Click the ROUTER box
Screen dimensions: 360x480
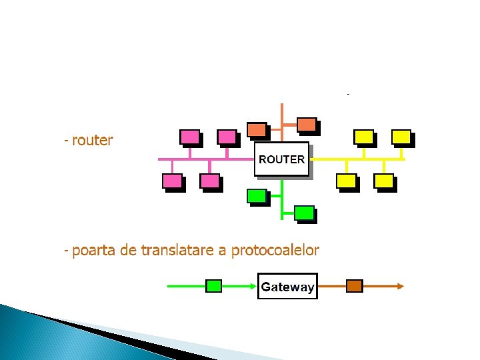(x=282, y=159)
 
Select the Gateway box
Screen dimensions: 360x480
(x=287, y=287)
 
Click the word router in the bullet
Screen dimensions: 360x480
(x=93, y=141)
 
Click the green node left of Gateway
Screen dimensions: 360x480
(x=213, y=286)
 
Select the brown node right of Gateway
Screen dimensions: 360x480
(x=354, y=286)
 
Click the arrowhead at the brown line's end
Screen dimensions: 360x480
(x=400, y=286)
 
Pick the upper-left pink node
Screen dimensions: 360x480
(x=189, y=137)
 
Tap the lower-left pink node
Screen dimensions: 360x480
(x=172, y=181)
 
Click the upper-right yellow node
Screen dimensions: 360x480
(x=401, y=137)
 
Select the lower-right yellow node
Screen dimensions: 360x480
(x=384, y=181)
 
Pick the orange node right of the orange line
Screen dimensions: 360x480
(x=307, y=125)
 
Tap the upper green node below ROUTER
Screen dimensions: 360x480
(x=256, y=196)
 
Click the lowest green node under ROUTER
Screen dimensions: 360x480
(x=304, y=213)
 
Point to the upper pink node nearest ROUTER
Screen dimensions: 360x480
(x=227, y=137)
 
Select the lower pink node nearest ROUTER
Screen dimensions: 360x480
(x=210, y=181)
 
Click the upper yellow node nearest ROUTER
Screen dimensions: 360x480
(x=364, y=137)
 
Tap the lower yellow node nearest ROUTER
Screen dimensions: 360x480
(x=346, y=181)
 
